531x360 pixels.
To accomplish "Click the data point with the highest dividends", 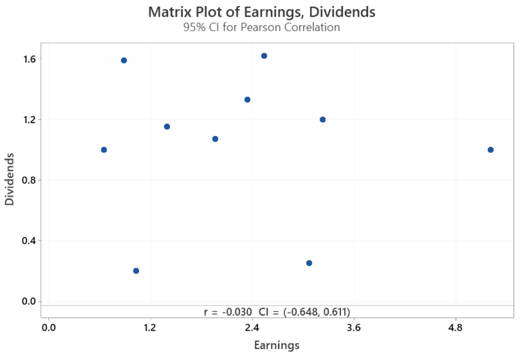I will point(264,56).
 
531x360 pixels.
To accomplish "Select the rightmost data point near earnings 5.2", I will point(490,150).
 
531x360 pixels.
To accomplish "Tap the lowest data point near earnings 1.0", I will point(136,271).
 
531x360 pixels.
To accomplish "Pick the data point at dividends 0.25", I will point(309,263).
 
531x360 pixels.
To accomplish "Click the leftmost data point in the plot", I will point(104,150).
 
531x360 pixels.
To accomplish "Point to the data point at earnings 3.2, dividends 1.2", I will point(323,119).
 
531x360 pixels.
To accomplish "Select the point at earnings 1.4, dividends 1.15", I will point(167,127).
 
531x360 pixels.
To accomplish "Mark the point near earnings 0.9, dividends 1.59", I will point(124,60).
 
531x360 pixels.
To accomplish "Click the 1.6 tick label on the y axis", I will point(29,59).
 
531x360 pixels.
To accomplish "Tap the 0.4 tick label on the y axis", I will point(29,241).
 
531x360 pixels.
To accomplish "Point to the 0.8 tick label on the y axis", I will point(29,180).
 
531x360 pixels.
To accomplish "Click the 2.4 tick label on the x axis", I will point(252,328).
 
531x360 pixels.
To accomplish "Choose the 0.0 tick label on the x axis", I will point(48,328).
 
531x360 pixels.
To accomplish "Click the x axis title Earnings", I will point(277,345).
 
